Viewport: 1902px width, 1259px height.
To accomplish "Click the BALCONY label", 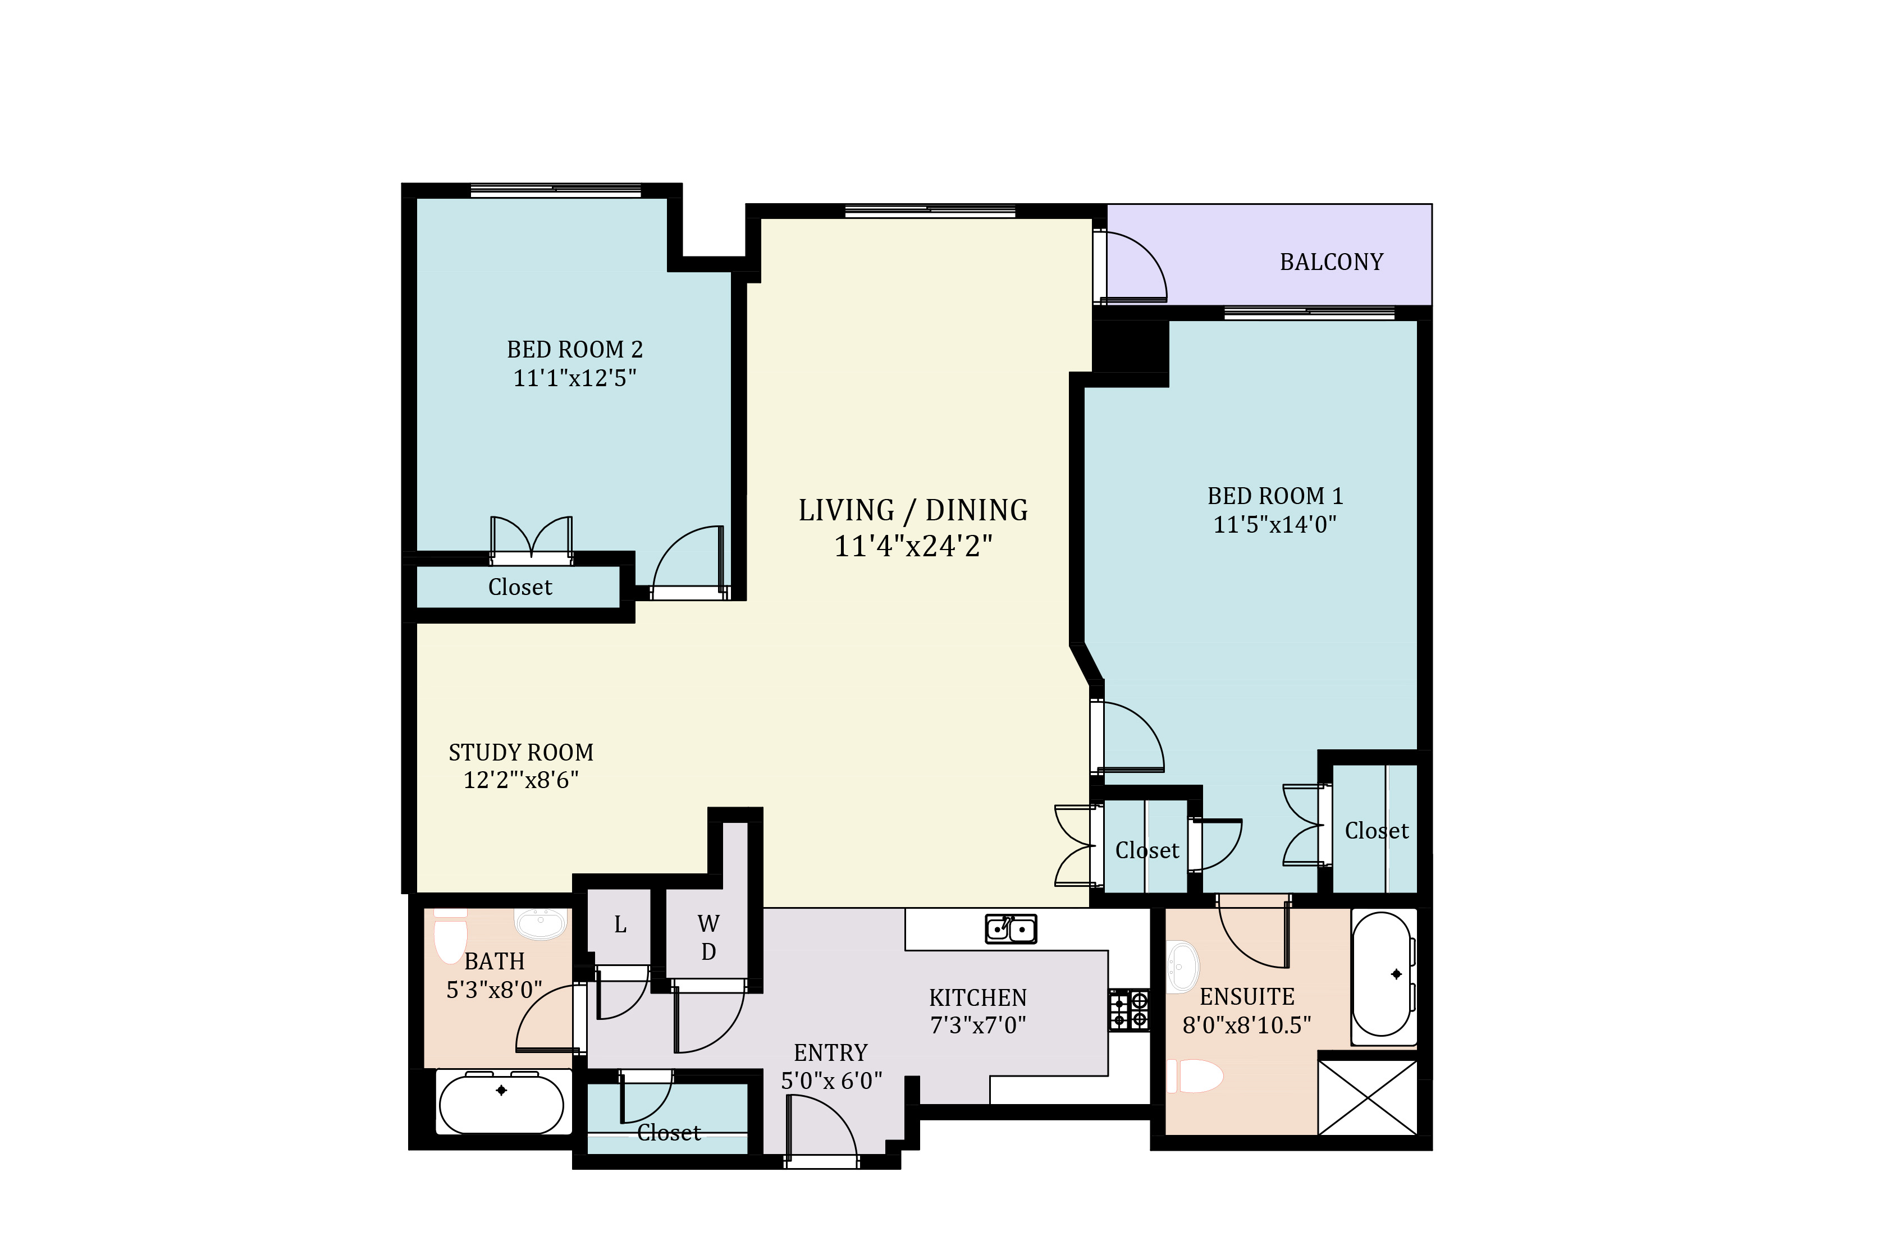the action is click(1331, 262).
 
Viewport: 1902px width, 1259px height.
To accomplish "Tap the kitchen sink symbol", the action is click(1011, 929).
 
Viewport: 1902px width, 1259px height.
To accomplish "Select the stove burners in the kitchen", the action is click(1129, 1010).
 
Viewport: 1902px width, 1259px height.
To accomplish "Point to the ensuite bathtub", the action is click(1383, 976).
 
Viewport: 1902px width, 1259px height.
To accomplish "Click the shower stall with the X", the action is click(1368, 1097).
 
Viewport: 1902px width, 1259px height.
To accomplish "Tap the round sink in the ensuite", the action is click(1183, 967).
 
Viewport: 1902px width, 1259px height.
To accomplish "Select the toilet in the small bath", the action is click(450, 936).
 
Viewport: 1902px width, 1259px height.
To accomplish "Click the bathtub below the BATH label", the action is click(502, 1102).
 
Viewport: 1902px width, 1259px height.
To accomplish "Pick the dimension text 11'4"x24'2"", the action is click(913, 546).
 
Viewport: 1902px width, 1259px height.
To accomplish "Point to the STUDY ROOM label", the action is click(521, 752).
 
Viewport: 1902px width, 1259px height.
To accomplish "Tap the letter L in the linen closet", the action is click(620, 925).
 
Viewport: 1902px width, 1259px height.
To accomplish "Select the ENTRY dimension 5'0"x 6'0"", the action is click(832, 1081).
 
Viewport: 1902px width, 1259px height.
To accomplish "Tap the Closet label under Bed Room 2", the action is click(520, 587).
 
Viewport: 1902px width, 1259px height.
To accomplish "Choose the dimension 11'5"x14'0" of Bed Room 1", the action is click(1274, 524).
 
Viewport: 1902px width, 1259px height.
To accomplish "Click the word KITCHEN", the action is click(978, 998).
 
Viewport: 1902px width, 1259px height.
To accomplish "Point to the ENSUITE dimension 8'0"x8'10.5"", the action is click(1247, 1025).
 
